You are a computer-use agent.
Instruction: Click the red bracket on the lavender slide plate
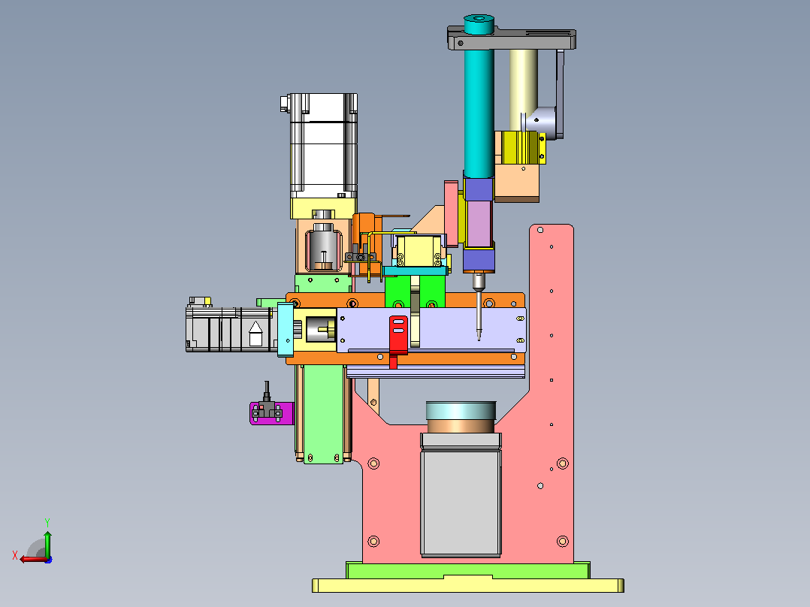point(397,336)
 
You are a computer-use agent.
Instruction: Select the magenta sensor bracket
point(272,413)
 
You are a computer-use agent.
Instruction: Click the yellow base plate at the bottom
point(468,585)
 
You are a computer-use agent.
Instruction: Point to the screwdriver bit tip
point(479,339)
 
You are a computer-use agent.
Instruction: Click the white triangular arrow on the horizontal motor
point(255,334)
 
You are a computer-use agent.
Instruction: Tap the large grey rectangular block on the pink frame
point(461,503)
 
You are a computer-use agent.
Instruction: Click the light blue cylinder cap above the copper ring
point(461,411)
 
